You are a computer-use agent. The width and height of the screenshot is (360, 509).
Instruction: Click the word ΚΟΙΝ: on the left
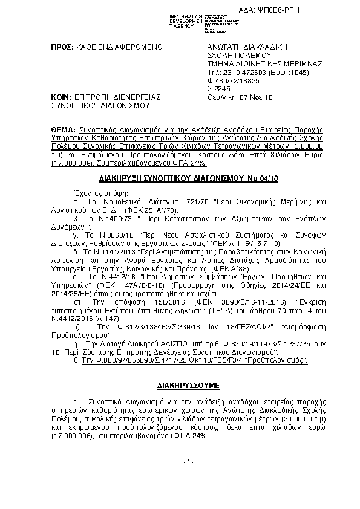point(60,96)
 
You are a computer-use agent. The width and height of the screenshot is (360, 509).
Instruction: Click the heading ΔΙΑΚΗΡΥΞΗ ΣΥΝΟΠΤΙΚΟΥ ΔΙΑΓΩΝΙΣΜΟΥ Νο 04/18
point(179,180)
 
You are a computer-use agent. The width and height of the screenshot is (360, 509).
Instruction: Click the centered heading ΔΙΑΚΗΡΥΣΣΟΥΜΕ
point(179,384)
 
